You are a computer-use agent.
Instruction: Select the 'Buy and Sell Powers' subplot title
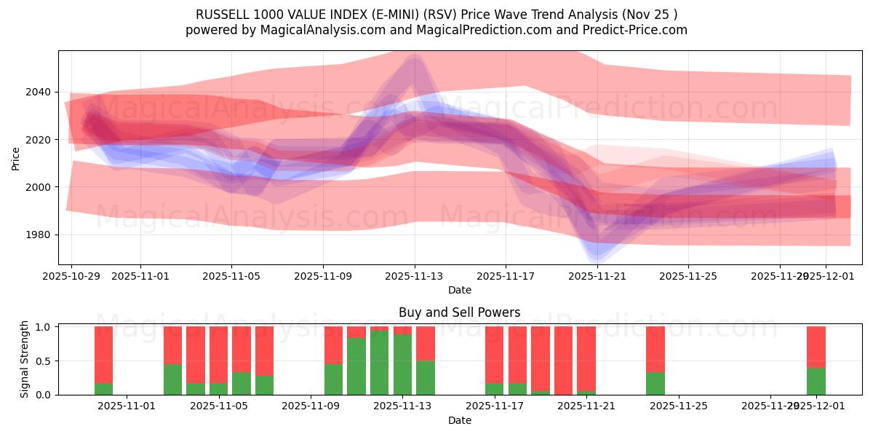[x=459, y=312]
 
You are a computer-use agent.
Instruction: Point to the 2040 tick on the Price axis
[x=41, y=92]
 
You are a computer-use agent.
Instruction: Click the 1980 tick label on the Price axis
[x=41, y=235]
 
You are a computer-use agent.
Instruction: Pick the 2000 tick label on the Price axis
[x=41, y=187]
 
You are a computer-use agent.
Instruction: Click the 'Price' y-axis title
[x=16, y=157]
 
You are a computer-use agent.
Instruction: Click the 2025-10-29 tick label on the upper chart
[x=72, y=277]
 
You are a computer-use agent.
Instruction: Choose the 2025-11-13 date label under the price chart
[x=414, y=277]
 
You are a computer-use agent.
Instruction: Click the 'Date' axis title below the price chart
[x=459, y=290]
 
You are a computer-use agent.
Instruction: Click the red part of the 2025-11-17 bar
[x=495, y=354]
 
